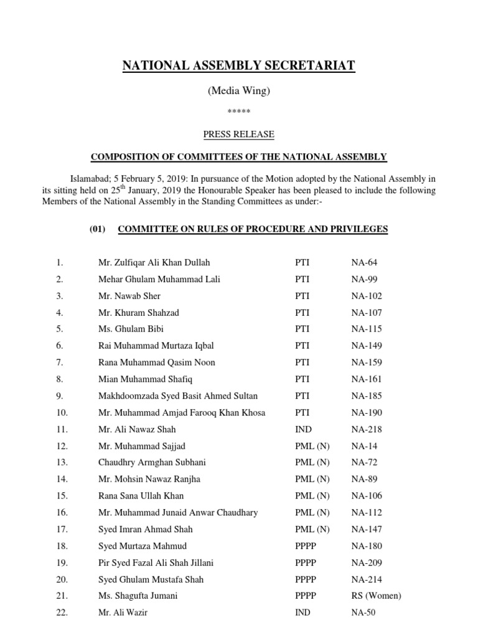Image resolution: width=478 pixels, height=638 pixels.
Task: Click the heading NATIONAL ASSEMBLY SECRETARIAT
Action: [x=238, y=66]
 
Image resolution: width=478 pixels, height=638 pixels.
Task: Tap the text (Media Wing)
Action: [x=238, y=91]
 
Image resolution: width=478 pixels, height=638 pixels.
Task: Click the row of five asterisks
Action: [x=239, y=112]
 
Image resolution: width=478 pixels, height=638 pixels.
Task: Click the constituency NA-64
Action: [x=364, y=263]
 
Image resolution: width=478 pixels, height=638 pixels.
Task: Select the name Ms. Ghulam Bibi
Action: [x=131, y=329]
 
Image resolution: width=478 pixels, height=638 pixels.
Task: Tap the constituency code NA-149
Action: [x=367, y=346]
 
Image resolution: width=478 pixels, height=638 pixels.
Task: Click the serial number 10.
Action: [x=62, y=412]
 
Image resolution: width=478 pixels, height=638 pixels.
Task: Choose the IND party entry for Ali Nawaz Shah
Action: [x=303, y=429]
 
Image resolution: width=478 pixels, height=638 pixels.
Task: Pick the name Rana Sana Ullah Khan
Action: [x=141, y=496]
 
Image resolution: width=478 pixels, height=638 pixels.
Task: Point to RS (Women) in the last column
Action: [x=377, y=596]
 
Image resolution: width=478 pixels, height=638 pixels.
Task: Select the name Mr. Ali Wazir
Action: [x=123, y=612]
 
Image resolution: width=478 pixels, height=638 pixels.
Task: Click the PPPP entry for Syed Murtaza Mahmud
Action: [x=306, y=546]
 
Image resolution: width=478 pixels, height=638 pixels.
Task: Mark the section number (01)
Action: [x=98, y=229]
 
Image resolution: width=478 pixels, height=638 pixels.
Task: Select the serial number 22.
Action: [x=62, y=612]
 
